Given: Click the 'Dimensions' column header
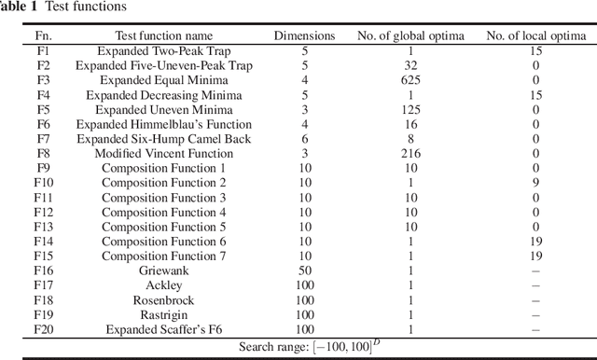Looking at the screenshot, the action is point(304,35).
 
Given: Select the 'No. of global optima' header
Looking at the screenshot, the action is point(411,35).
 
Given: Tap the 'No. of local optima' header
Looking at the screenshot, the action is point(535,35).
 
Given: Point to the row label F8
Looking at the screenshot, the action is point(43,153).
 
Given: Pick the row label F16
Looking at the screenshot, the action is point(43,270).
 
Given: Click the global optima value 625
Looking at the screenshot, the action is point(411,80).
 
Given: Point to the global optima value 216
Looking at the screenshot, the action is point(411,153).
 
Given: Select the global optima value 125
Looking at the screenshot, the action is point(411,109).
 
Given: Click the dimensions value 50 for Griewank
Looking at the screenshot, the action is point(304,270).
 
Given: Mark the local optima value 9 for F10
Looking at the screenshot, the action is point(535,183).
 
